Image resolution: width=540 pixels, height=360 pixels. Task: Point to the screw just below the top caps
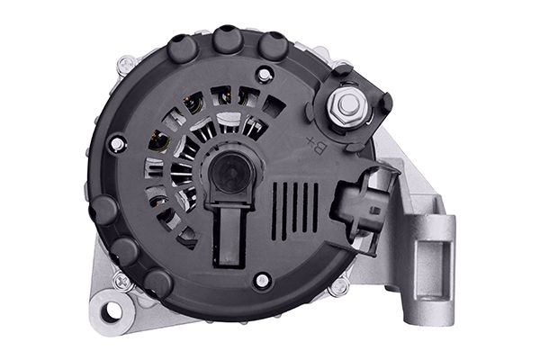[263, 74]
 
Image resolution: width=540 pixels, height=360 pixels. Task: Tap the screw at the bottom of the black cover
[260, 281]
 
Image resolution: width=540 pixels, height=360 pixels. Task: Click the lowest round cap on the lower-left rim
[158, 282]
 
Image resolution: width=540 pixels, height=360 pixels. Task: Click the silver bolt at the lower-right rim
[339, 287]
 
